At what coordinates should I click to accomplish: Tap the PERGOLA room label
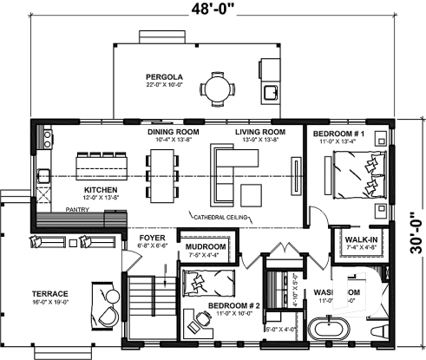pos(163,78)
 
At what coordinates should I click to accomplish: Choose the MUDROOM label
pos(206,247)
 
